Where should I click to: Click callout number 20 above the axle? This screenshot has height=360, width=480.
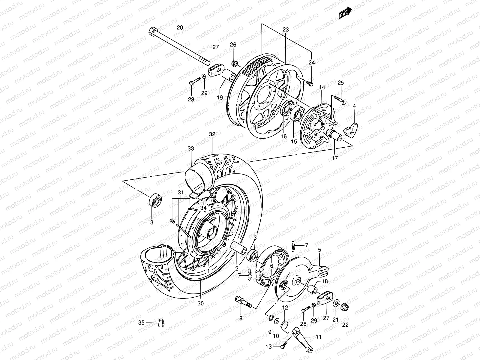(x=179, y=28)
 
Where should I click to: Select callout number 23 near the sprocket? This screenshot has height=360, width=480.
(x=285, y=29)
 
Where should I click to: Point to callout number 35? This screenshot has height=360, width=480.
(x=141, y=322)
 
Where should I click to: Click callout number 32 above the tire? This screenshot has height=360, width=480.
(x=212, y=134)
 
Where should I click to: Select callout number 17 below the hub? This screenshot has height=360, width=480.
(x=335, y=158)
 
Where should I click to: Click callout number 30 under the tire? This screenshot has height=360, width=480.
(x=200, y=303)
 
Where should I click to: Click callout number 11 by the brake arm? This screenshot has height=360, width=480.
(x=318, y=337)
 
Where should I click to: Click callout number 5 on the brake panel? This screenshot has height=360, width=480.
(x=319, y=249)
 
